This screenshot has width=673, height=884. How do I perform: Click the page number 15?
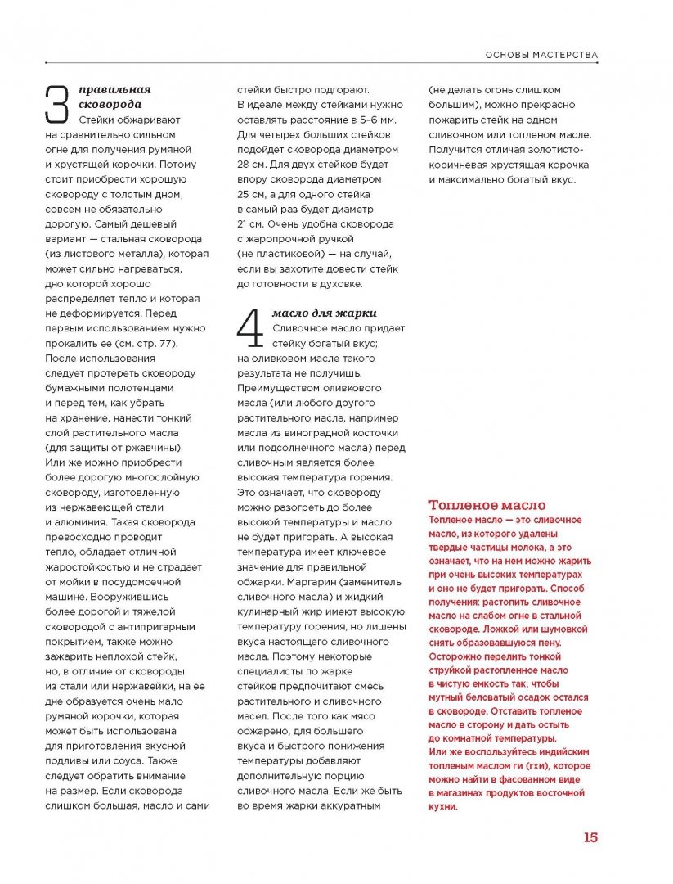tap(590, 837)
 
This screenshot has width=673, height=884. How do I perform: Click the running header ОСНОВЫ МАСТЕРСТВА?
tap(542, 56)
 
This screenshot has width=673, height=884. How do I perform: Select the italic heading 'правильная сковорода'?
tap(115, 97)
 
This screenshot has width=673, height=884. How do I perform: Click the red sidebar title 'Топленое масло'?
tap(487, 505)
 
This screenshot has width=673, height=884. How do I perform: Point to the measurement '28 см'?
tap(253, 164)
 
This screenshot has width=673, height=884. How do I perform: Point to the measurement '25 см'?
tap(252, 194)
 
